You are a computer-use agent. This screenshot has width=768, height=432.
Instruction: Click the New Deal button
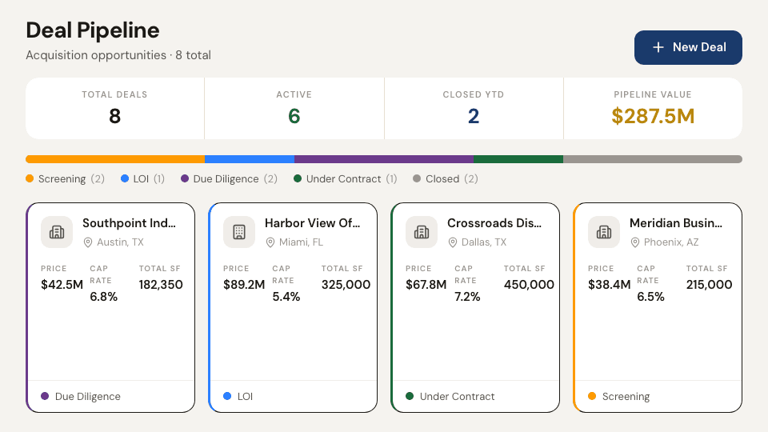click(688, 47)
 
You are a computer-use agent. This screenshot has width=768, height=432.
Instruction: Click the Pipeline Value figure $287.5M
click(653, 116)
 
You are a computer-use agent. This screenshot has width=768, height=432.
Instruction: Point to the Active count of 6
click(294, 116)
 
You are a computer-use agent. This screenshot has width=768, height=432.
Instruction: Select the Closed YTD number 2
click(474, 116)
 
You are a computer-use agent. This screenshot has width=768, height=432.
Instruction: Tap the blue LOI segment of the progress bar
click(250, 159)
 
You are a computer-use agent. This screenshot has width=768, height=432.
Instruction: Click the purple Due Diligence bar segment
click(384, 159)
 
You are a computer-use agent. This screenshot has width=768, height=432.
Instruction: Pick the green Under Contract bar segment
click(518, 159)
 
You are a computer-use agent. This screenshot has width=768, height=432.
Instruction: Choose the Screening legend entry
click(65, 178)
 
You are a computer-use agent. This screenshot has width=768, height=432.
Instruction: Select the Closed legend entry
click(446, 178)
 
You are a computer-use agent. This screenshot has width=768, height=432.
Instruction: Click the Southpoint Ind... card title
click(129, 223)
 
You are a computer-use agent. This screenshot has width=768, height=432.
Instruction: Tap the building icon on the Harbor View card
click(239, 232)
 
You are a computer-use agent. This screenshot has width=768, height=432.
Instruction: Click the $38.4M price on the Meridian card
click(610, 285)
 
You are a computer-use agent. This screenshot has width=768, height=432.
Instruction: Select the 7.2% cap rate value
click(467, 297)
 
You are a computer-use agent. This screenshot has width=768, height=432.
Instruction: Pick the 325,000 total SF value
click(346, 285)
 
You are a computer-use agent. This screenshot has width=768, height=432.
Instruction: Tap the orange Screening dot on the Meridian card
click(592, 396)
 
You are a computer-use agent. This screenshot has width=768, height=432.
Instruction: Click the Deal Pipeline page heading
click(93, 30)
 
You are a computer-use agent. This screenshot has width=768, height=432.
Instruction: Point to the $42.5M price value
click(62, 285)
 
